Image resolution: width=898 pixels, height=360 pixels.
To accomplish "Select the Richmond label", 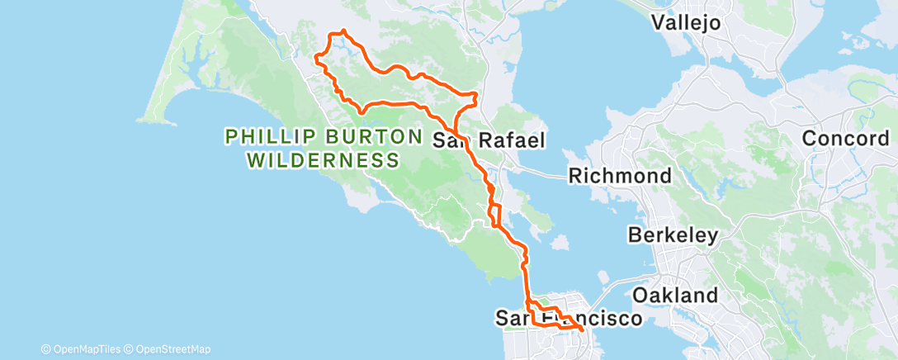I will [619, 176].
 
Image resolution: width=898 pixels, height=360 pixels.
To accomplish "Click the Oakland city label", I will [675, 296].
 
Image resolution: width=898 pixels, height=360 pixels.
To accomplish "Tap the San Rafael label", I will [489, 140].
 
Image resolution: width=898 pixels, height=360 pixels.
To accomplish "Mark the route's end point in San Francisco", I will [582, 329].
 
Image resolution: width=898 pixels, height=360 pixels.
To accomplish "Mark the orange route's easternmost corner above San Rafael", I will [477, 96].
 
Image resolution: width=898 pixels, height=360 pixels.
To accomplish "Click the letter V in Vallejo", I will [659, 22].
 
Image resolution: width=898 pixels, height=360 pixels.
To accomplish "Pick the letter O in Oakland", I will [640, 296].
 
